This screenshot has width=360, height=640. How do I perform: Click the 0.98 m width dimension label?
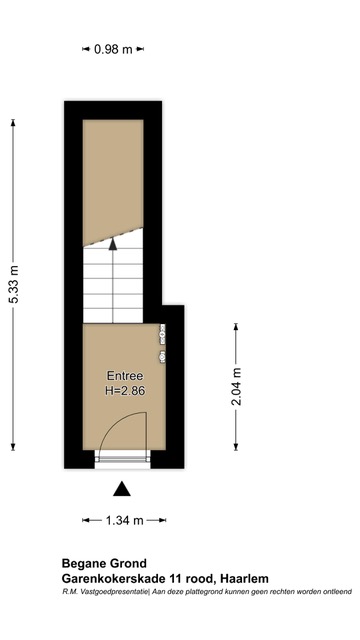113,49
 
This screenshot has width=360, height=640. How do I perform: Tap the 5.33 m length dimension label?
14,284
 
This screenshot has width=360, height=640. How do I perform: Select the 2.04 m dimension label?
236,387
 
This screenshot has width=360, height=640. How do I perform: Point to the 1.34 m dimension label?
124,520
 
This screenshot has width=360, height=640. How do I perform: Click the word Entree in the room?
125,376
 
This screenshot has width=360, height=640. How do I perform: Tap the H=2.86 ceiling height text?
125,391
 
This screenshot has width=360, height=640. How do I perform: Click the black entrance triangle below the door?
122,489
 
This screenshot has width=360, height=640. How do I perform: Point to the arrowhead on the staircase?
113,244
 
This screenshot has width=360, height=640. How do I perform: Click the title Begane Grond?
104,564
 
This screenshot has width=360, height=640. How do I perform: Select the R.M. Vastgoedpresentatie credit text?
106,592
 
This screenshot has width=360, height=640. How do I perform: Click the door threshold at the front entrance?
121,459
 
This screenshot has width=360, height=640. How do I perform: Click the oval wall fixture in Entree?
162,356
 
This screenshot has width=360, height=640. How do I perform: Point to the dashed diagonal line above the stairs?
113,237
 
